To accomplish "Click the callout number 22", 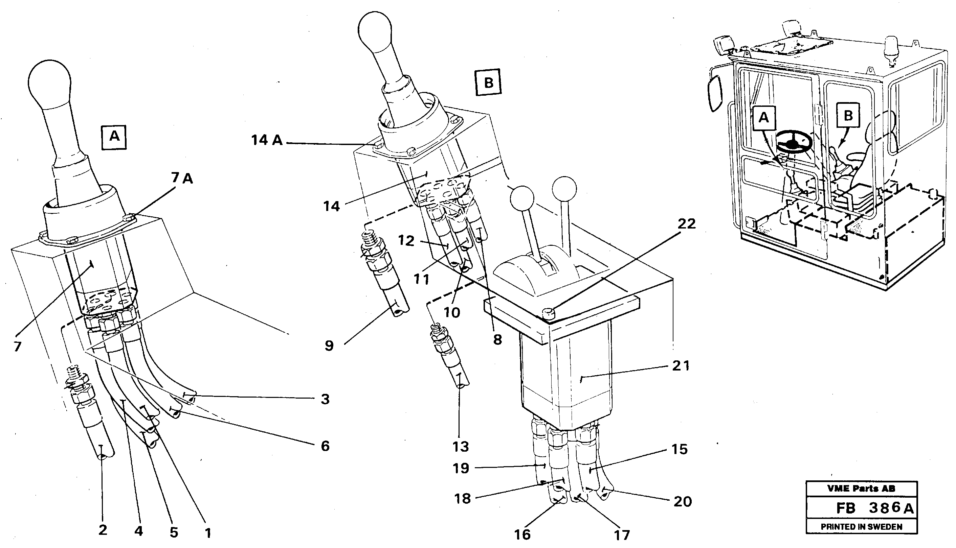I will click(x=686, y=224).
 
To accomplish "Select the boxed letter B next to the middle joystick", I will click(x=488, y=82).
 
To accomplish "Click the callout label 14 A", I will click(x=267, y=140).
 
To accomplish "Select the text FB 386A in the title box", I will click(x=874, y=508).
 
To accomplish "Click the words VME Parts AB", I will click(x=861, y=489).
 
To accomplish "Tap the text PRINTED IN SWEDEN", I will click(x=862, y=527).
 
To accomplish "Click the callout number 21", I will click(x=681, y=365).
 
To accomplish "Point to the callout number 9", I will click(x=329, y=346).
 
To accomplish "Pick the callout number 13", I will click(x=461, y=447).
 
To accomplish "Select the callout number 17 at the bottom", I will click(x=622, y=535).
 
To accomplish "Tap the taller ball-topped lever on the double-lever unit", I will click(x=564, y=188).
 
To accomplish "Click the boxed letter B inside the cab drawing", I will click(x=848, y=115).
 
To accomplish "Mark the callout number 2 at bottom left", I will click(x=103, y=530).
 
